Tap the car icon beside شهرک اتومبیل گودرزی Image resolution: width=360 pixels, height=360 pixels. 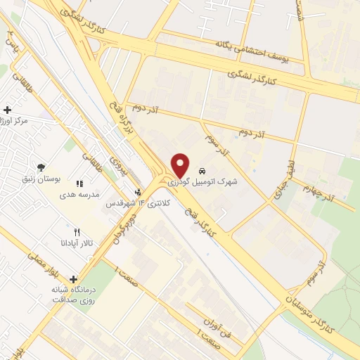[x=202, y=171]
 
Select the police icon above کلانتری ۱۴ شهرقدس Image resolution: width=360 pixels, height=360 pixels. [x=138, y=191]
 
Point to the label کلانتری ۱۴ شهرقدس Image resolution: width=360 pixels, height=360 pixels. [x=134, y=203]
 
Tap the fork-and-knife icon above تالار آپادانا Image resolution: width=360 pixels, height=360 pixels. [x=77, y=231]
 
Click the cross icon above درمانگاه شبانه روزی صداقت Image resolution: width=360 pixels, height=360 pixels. [x=73, y=279]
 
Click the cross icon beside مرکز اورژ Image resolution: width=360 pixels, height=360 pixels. [x=7, y=110]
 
